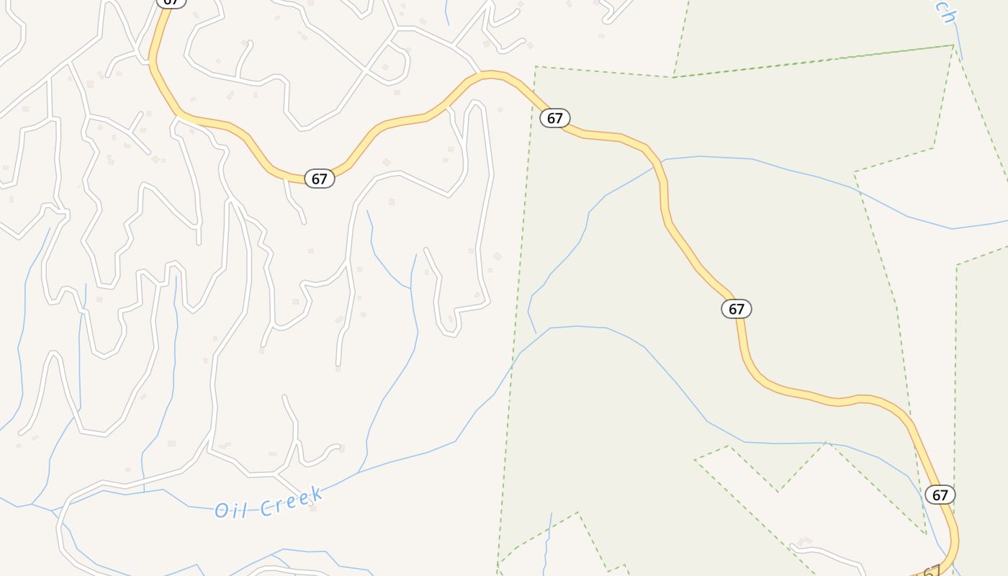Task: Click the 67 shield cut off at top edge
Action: tap(171, 2)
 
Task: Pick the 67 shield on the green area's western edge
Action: tap(554, 118)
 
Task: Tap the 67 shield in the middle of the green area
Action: tap(736, 309)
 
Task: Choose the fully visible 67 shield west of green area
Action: tap(320, 179)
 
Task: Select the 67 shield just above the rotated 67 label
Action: tap(940, 495)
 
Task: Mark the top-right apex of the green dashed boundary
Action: tap(953, 45)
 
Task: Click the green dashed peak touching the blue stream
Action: tap(826, 443)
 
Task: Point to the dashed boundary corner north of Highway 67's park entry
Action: tap(536, 67)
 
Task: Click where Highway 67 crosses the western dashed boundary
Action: tap(534, 94)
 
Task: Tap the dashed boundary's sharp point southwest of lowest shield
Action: tap(926, 534)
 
